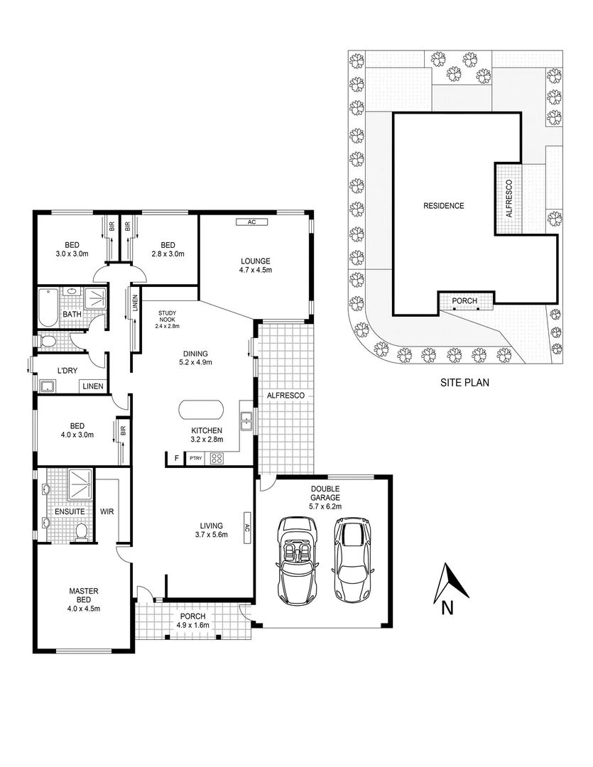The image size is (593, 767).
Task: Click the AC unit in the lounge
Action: tap(251, 222)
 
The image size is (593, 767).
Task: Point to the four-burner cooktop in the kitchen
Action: tap(217, 459)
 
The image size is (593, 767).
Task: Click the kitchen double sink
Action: tap(246, 421)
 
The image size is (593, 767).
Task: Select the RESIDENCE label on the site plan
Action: tap(443, 206)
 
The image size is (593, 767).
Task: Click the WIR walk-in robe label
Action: tap(109, 511)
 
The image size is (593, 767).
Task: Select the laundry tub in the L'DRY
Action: tap(48, 386)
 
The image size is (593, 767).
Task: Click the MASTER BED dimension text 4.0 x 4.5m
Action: tap(83, 608)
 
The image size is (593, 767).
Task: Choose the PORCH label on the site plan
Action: tap(464, 301)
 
